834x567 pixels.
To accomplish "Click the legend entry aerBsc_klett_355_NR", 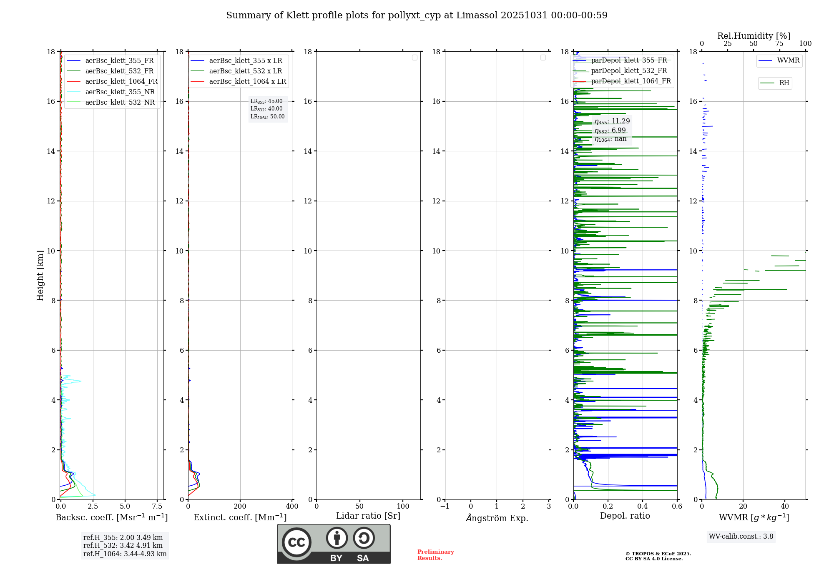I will point(120,92).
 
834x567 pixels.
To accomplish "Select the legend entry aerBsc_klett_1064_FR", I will point(121,81).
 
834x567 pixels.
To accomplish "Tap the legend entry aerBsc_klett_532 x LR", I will point(245,71).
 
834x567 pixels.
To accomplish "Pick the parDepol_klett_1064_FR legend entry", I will point(631,81).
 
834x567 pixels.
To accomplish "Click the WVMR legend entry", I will point(788,60).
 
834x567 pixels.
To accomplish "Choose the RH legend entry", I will point(784,83).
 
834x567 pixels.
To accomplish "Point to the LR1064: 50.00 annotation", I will point(267,117).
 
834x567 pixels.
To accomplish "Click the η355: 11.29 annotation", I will point(612,121).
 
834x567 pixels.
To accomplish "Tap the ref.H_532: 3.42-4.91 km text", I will point(123,545).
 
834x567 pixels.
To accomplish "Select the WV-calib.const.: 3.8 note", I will point(741,536).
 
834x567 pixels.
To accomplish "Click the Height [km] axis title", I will point(40,275).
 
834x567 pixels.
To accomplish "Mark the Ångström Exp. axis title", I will point(497,518).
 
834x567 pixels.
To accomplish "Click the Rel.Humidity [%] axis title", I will point(754,36).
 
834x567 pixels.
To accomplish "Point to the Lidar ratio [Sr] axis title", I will point(368,516).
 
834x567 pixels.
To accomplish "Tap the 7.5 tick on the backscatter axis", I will point(157,507).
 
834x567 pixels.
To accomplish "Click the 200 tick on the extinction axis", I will point(240,507).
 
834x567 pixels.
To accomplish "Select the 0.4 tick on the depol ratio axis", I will point(643,507).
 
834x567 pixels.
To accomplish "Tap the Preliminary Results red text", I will point(435,555).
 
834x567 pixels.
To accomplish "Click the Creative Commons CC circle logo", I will point(296,542).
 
